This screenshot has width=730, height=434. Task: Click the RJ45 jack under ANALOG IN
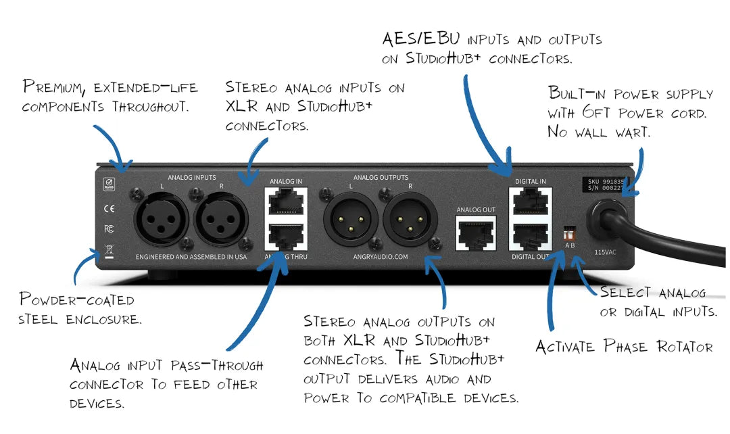click(x=285, y=201)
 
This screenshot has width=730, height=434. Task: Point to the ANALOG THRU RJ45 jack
click(x=285, y=236)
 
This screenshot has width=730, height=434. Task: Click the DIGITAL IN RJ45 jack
click(x=531, y=201)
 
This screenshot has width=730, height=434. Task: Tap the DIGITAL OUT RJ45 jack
click(x=531, y=234)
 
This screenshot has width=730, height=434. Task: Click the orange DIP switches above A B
click(x=568, y=233)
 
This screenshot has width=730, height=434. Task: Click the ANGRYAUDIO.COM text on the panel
click(x=381, y=258)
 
